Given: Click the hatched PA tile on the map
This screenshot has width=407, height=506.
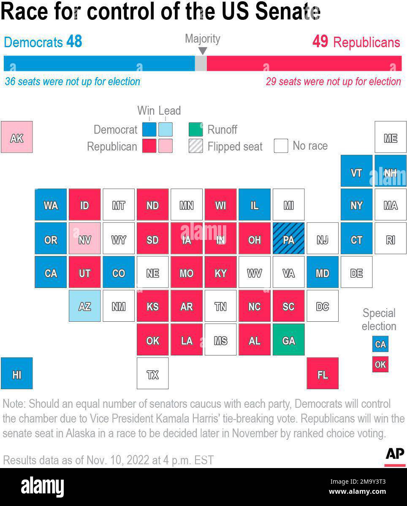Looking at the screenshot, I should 288,238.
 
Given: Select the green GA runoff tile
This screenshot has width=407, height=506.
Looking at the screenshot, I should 288,339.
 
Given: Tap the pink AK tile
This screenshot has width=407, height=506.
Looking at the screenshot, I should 16,137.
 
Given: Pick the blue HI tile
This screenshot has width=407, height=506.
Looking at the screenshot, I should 16,373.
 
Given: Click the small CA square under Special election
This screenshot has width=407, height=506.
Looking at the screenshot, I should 380,344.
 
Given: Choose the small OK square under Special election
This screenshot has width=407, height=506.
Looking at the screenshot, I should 380,364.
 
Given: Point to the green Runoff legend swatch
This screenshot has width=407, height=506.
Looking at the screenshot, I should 195,129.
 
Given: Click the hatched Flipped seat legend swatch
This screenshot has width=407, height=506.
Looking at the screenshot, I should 195,146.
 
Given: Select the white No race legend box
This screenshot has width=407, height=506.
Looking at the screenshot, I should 281,146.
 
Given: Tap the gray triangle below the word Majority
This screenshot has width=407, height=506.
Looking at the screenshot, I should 203,51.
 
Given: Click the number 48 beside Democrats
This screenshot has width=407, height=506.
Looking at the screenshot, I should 74,42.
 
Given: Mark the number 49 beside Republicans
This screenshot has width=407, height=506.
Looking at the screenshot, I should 320,42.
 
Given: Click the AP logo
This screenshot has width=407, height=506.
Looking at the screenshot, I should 395,454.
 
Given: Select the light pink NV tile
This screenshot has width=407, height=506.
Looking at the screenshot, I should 84,238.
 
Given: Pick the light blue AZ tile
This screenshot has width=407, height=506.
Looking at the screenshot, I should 84,306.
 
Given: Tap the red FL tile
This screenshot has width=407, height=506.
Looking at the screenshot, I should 322,373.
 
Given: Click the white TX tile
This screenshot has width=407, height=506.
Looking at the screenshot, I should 152,373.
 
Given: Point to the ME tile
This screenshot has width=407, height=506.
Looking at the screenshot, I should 390,137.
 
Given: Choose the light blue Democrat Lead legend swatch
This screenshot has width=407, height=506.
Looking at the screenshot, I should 165,129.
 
